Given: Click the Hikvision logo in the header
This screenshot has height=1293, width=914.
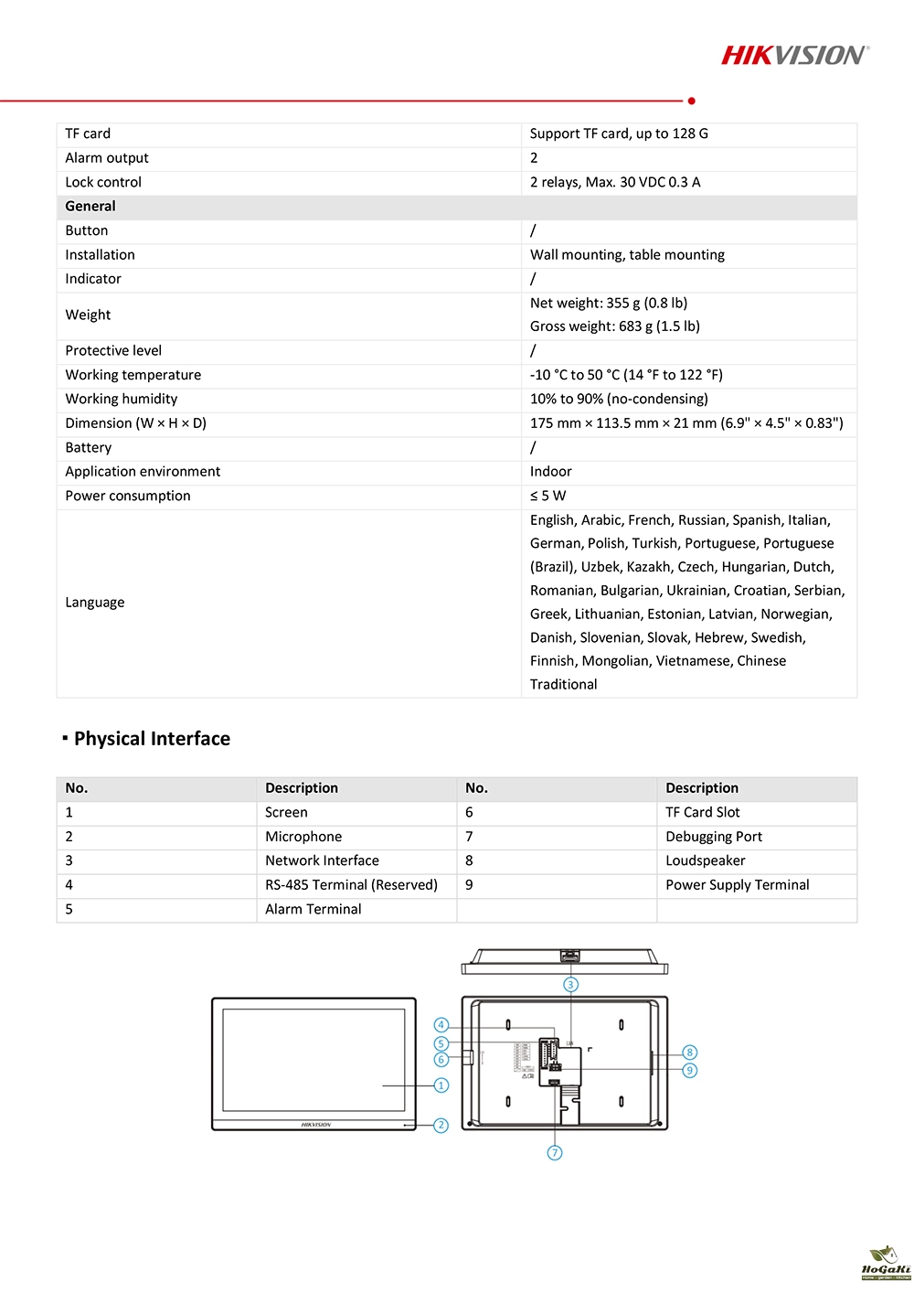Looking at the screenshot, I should pyautogui.click(x=794, y=56).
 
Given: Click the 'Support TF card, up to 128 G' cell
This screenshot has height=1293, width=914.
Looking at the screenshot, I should pyautogui.click(x=619, y=134).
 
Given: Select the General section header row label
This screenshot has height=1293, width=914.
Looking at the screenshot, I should pyautogui.click(x=90, y=207).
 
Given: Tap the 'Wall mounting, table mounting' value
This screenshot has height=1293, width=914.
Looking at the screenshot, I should pyautogui.click(x=627, y=255).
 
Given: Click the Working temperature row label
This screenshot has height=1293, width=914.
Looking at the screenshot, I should pyautogui.click(x=133, y=375).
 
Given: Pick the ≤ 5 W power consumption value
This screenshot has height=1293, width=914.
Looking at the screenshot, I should pyautogui.click(x=548, y=496).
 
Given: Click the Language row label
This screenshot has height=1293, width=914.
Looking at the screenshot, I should pyautogui.click(x=95, y=603).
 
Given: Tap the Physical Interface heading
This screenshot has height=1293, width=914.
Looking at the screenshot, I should pyautogui.click(x=152, y=739).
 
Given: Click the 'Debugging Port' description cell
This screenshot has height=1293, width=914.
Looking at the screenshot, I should pyautogui.click(x=714, y=837).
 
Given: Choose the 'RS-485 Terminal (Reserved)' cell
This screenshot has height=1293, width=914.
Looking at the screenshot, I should pyautogui.click(x=351, y=885).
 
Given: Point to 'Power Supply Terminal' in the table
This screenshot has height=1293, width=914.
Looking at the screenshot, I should pyautogui.click(x=738, y=885).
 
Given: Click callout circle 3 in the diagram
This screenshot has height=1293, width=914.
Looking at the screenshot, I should pyautogui.click(x=571, y=985).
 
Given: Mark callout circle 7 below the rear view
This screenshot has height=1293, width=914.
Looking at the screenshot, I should pyautogui.click(x=555, y=1153).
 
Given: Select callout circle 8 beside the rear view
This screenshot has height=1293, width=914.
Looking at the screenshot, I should pyautogui.click(x=690, y=1053).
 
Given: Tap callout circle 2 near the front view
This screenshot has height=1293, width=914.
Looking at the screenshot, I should pyautogui.click(x=441, y=1126).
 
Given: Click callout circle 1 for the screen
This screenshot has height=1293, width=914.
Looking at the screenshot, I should pyautogui.click(x=441, y=1085).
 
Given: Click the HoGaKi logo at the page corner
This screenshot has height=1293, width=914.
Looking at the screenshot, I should pyautogui.click(x=886, y=1263).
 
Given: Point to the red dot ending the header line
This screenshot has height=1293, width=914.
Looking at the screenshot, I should pyautogui.click(x=692, y=101).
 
